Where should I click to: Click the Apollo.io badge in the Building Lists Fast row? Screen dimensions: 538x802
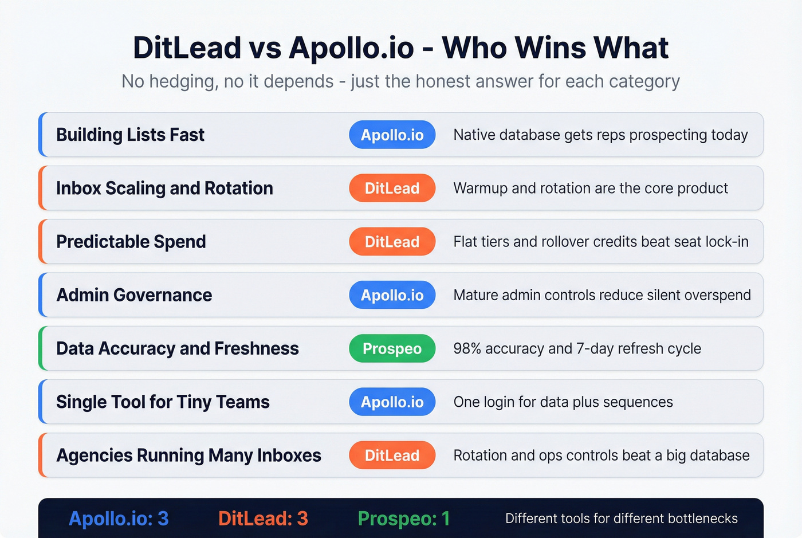point(392,135)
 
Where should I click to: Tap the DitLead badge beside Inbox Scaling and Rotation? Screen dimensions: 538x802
point(392,188)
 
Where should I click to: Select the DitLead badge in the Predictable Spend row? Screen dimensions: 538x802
point(392,242)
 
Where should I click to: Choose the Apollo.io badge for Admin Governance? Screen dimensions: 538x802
point(392,295)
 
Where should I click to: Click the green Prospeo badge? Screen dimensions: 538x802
point(392,348)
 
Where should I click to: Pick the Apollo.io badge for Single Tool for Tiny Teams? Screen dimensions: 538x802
point(392,402)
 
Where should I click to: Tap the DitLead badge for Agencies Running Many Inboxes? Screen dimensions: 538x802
point(392,455)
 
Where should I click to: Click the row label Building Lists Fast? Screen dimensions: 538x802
point(130,135)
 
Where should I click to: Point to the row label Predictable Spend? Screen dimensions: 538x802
point(131,242)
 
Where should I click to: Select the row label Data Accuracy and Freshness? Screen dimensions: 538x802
point(178,348)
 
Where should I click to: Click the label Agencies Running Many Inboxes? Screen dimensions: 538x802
point(188,455)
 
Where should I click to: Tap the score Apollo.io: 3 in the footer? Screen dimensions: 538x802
point(119,519)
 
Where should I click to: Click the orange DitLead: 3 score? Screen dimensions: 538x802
point(263,519)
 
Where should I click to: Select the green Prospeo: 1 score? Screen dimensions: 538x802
point(403,519)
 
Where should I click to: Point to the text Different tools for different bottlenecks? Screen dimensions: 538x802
point(621,519)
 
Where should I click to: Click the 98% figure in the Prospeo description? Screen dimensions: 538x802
point(467,348)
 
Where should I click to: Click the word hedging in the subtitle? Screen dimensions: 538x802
point(183,81)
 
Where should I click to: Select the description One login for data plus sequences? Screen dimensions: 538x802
point(563,402)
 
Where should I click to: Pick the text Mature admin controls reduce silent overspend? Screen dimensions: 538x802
point(601,295)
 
